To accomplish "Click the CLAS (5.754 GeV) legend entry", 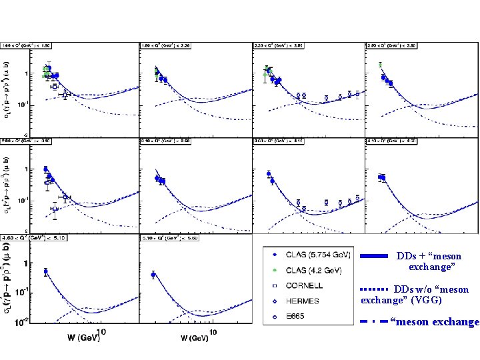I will [x=306, y=254].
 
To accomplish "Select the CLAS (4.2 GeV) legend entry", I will [x=306, y=270].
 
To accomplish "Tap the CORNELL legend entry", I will [x=304, y=285].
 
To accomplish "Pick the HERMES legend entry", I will [x=303, y=301].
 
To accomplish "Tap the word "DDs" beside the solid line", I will [x=407, y=256].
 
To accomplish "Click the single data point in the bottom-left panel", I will [x=45, y=271].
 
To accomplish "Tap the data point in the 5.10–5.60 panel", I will [x=153, y=275].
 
